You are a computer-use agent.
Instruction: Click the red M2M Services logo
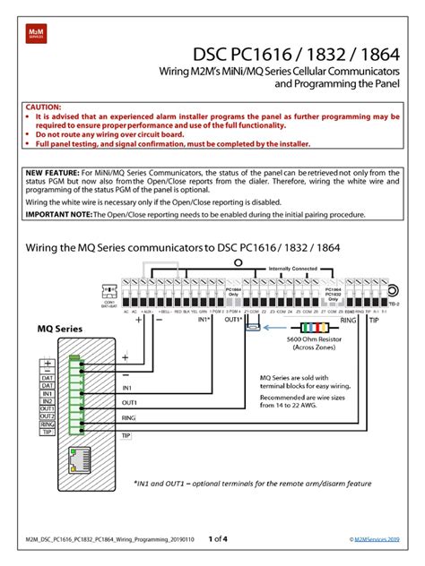33,36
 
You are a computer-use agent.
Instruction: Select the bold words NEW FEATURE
52,171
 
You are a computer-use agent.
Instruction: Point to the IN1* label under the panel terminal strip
201,319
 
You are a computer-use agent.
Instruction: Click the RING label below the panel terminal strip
349,318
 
